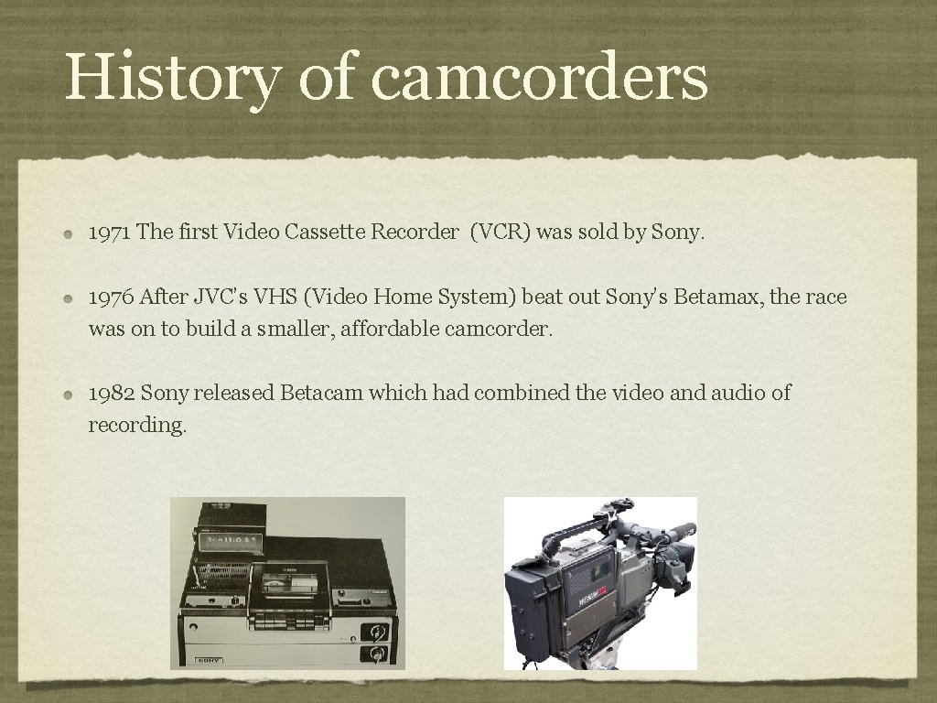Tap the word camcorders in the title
[539, 77]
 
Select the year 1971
[109, 233]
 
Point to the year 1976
[111, 297]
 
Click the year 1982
[112, 394]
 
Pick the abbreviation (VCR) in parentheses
[500, 233]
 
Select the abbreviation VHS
[268, 297]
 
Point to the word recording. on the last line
[137, 426]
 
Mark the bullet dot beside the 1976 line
[70, 298]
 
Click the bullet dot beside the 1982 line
[70, 395]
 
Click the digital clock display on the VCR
[228, 540]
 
